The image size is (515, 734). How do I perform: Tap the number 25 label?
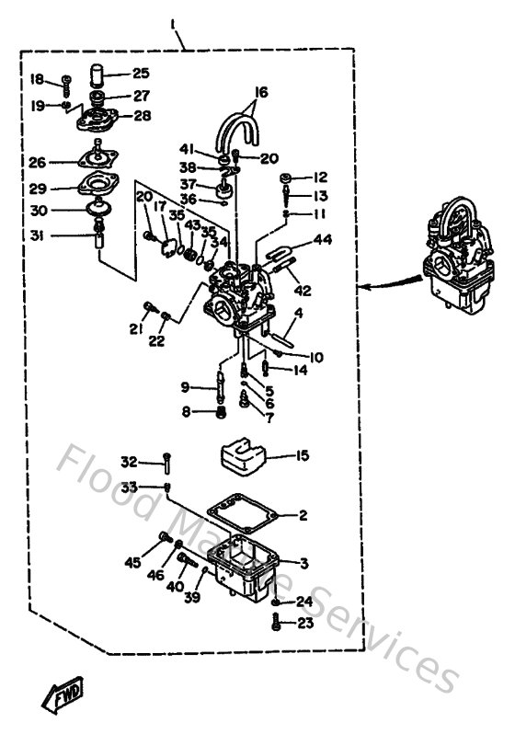pyautogui.click(x=140, y=73)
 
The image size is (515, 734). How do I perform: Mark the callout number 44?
pyautogui.click(x=322, y=240)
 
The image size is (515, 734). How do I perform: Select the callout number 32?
pyautogui.click(x=130, y=461)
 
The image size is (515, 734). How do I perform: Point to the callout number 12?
pyautogui.click(x=320, y=177)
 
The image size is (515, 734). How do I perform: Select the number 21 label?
pyautogui.click(x=136, y=329)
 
